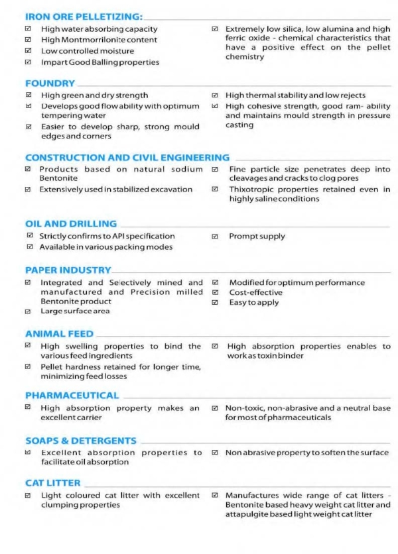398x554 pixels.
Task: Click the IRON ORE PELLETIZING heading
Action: pos(83,15)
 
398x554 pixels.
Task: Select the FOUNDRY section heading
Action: pos(50,83)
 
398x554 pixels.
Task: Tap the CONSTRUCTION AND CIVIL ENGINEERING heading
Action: pos(127,158)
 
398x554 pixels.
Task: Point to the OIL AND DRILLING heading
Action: pos(70,224)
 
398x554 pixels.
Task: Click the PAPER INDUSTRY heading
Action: pos(68,270)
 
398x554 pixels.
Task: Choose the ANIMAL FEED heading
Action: pos(59,334)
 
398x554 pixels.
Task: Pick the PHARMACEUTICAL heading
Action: pos(72,396)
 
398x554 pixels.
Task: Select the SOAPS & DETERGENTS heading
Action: pos(80,441)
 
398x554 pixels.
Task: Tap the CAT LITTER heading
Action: pos(53,483)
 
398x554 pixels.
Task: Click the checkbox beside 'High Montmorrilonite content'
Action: pos(28,40)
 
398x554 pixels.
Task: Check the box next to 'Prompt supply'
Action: pos(215,237)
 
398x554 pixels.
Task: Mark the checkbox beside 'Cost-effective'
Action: pos(215,292)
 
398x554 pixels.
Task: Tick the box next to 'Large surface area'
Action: pos(28,311)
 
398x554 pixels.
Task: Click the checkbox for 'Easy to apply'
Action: pos(215,302)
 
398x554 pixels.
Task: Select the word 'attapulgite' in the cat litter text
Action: pos(249,514)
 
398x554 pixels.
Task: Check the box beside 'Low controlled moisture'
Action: pos(28,51)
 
